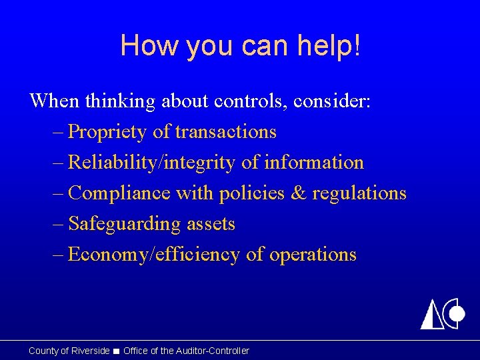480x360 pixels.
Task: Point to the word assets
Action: (211, 224)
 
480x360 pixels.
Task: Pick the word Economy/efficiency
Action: (154, 255)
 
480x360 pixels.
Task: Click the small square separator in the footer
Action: (117, 351)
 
